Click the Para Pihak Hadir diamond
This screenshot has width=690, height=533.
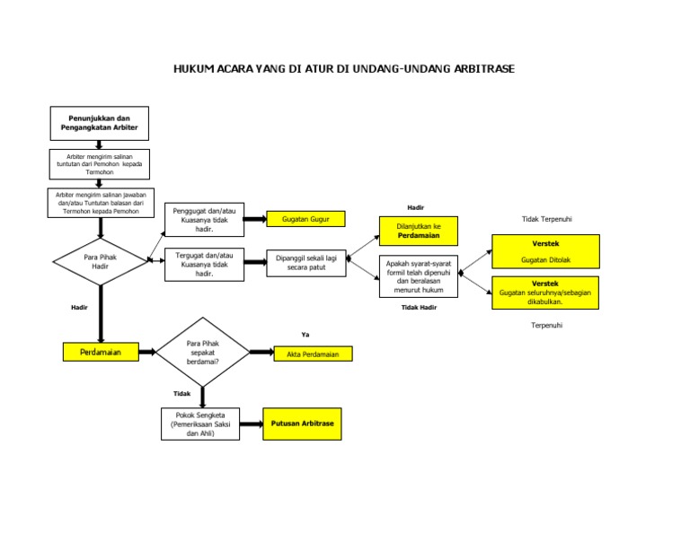click(101, 261)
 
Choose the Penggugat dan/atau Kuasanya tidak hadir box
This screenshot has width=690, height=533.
click(204, 219)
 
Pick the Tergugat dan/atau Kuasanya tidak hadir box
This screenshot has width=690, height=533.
click(204, 265)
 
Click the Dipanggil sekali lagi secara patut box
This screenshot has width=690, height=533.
click(306, 263)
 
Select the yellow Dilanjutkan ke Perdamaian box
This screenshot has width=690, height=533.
click(419, 231)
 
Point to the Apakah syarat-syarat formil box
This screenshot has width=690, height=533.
click(419, 276)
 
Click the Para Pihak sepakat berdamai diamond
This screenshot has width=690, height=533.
click(203, 352)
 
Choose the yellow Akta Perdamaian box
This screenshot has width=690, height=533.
click(313, 354)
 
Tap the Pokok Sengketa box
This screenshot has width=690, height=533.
click(201, 424)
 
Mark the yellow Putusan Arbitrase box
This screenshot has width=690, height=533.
click(302, 424)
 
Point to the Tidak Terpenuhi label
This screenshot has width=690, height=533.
click(547, 219)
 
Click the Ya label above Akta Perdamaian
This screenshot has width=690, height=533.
click(305, 334)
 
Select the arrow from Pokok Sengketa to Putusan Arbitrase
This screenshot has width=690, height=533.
click(252, 424)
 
